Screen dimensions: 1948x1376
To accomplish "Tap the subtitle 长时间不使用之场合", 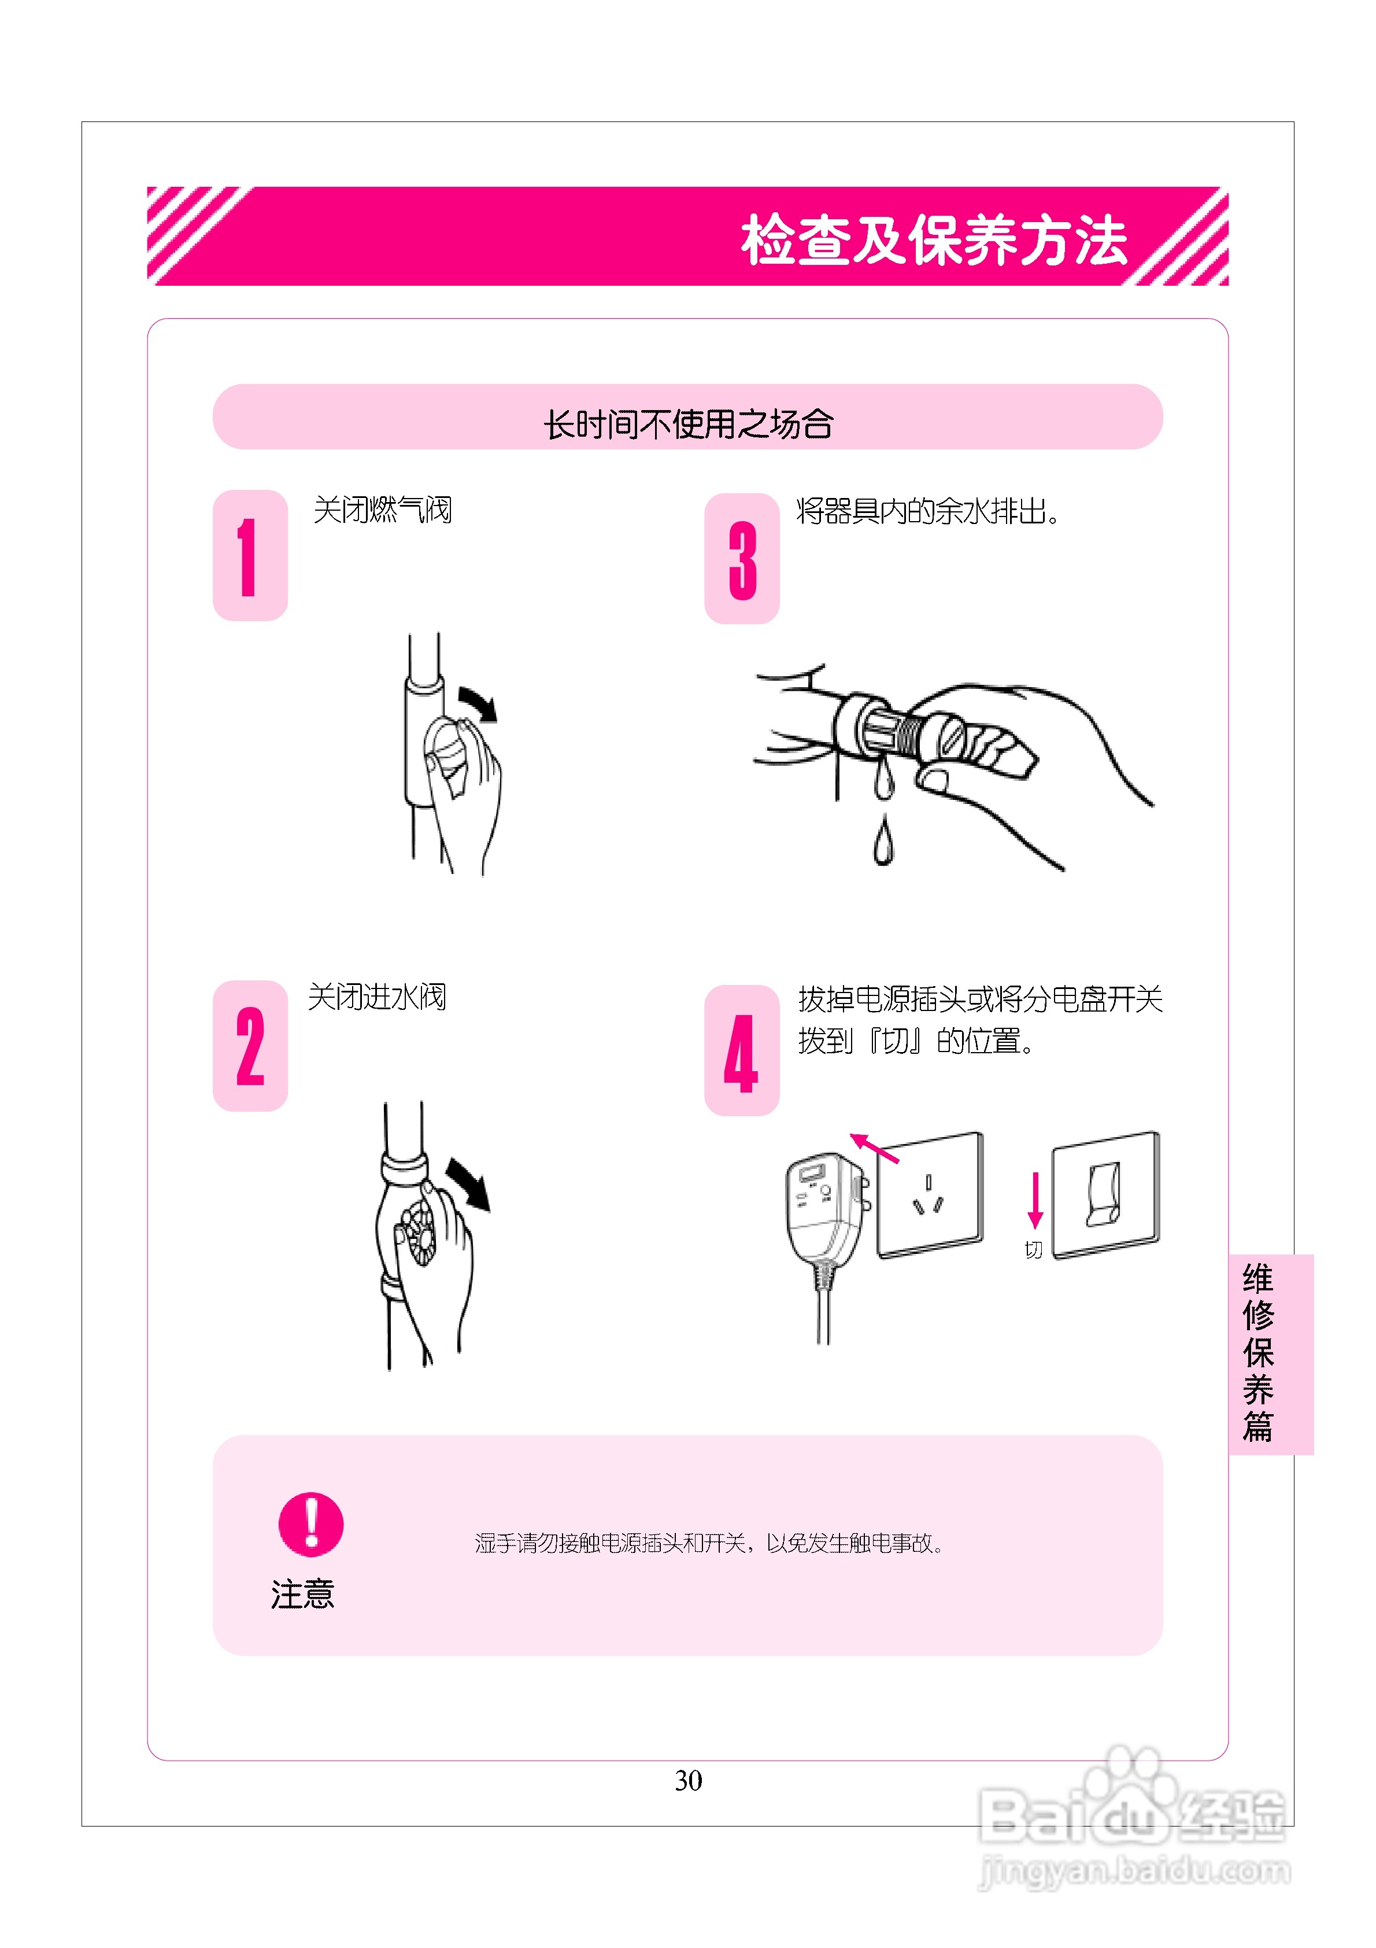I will coord(687,423).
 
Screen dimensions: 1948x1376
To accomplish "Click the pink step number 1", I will coord(249,556).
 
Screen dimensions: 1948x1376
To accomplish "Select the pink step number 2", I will coord(249,1046).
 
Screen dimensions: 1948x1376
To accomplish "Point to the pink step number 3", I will coord(741,560).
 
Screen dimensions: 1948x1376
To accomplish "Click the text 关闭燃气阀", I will coord(383,510).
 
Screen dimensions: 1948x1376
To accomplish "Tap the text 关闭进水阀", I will coord(376,997).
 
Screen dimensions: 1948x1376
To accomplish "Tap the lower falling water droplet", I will coord(883,842).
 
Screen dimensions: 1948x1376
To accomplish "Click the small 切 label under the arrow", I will coord(1033,1250).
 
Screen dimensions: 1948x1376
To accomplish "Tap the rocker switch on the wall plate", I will coord(1104,1194).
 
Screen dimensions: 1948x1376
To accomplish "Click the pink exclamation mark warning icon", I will coord(310,1524).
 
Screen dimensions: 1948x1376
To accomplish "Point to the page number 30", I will coord(688,1780).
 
